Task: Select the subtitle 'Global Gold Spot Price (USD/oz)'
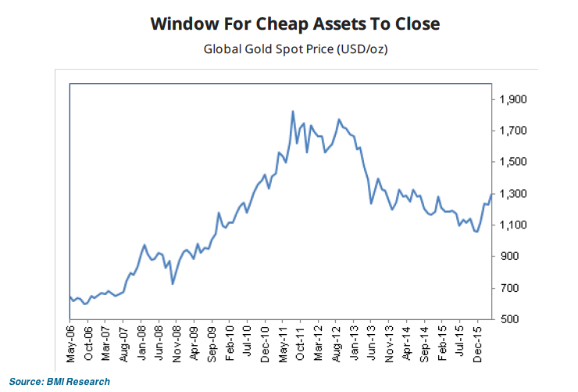coord(295,49)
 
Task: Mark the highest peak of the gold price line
coord(292,111)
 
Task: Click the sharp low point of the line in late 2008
coord(173,283)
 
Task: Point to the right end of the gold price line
coord(491,194)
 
